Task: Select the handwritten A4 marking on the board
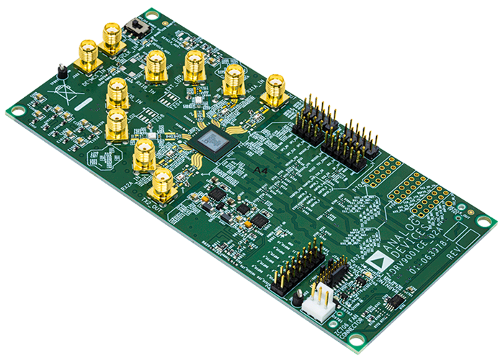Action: pyautogui.click(x=262, y=169)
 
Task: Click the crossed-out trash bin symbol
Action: pyautogui.click(x=68, y=96)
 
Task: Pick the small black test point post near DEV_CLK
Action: pyautogui.click(x=62, y=70)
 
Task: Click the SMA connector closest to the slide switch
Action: pyautogui.click(x=112, y=36)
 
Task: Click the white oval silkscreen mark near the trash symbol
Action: pyautogui.click(x=82, y=104)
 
